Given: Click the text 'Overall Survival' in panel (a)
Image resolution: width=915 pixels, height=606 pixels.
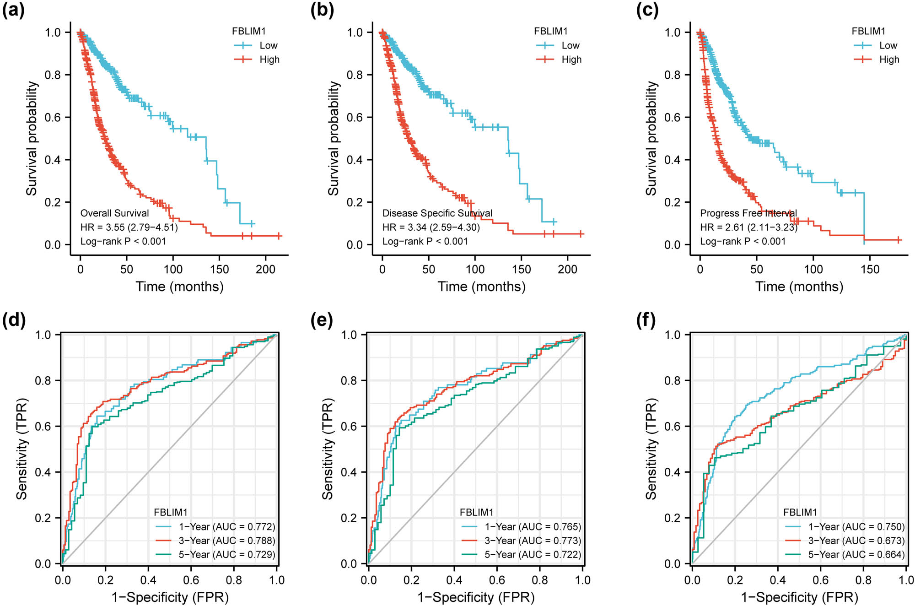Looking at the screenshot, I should (114, 213).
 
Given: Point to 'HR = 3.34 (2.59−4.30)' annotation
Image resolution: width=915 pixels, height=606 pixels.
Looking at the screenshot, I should (431, 227).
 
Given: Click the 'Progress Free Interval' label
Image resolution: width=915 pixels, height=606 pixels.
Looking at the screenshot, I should (748, 213).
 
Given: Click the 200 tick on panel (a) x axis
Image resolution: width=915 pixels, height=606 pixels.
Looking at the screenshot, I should (265, 269).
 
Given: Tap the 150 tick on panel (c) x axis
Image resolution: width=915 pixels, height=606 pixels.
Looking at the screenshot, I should (870, 269).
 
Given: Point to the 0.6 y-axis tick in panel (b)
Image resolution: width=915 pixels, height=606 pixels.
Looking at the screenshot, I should (355, 118).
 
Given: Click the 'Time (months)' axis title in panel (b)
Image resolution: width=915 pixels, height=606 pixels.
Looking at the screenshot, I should (481, 287).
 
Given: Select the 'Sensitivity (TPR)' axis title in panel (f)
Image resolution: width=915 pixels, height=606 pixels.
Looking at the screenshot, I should (651, 449).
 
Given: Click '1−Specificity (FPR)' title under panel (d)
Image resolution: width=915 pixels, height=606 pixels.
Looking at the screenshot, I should (170, 597).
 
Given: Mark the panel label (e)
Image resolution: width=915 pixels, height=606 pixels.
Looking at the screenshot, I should (321, 320).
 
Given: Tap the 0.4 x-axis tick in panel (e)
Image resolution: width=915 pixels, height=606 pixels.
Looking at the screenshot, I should (454, 580).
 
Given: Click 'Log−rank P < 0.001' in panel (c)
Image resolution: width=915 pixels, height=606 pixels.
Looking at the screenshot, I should (743, 242).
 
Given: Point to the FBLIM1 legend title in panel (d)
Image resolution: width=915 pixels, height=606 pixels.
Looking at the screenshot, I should (171, 513).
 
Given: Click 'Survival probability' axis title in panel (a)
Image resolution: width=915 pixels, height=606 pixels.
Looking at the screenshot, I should (31, 139).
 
